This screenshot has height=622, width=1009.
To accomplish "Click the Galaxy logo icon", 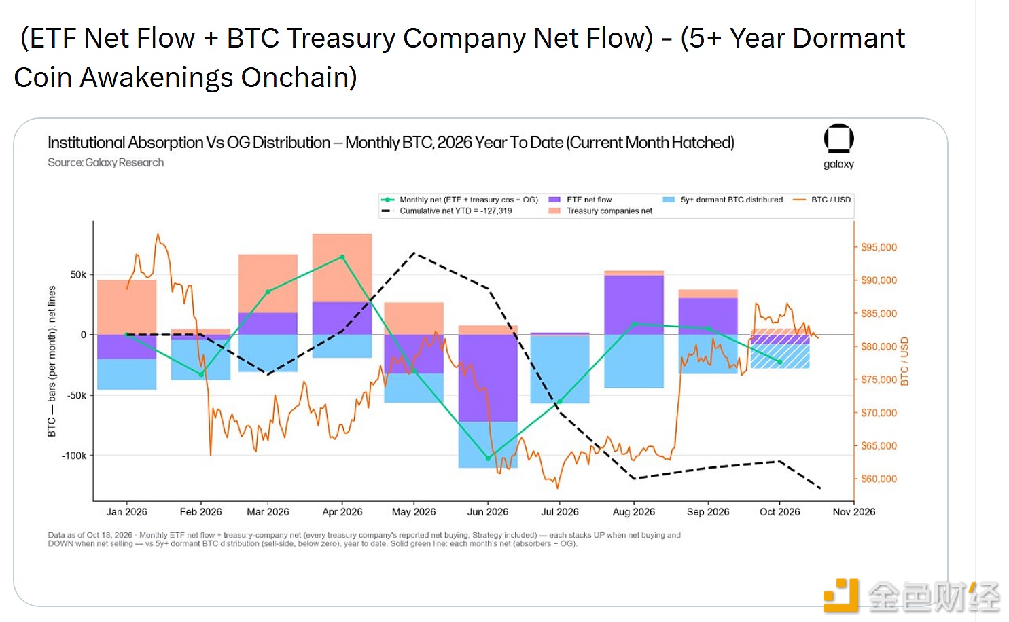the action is (x=838, y=139).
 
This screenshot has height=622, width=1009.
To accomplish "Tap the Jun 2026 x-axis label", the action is (x=487, y=512).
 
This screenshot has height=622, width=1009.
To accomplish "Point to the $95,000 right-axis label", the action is (x=879, y=247).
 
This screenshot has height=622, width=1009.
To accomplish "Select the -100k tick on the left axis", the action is (x=73, y=456).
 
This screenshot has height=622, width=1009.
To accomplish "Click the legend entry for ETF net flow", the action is (x=580, y=200).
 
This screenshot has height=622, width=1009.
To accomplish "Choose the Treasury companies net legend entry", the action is (x=601, y=211).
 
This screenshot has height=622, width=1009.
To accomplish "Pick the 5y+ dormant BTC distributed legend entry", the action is (x=723, y=200).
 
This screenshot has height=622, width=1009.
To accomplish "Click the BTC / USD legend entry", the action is (x=822, y=200).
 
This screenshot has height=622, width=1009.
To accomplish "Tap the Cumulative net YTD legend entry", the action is (x=447, y=211).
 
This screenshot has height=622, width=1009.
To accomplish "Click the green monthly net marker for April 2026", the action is (x=342, y=257).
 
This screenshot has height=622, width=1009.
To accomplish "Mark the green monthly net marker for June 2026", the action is (x=488, y=458).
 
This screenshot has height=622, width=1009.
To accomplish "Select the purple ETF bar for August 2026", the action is (x=634, y=305).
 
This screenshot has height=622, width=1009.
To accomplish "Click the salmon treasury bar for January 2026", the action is (x=126, y=307).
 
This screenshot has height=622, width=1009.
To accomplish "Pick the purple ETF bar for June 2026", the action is (x=488, y=378).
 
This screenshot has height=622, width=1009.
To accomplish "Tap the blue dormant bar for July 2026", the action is (x=560, y=369).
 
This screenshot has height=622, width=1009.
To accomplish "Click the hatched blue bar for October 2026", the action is (x=780, y=356).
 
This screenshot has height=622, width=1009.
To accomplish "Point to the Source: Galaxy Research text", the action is (x=106, y=162).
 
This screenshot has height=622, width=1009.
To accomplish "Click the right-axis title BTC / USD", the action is (x=904, y=361).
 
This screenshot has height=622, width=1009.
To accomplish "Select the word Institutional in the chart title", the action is (x=86, y=143).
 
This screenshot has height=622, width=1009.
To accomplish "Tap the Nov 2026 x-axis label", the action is (x=854, y=512).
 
